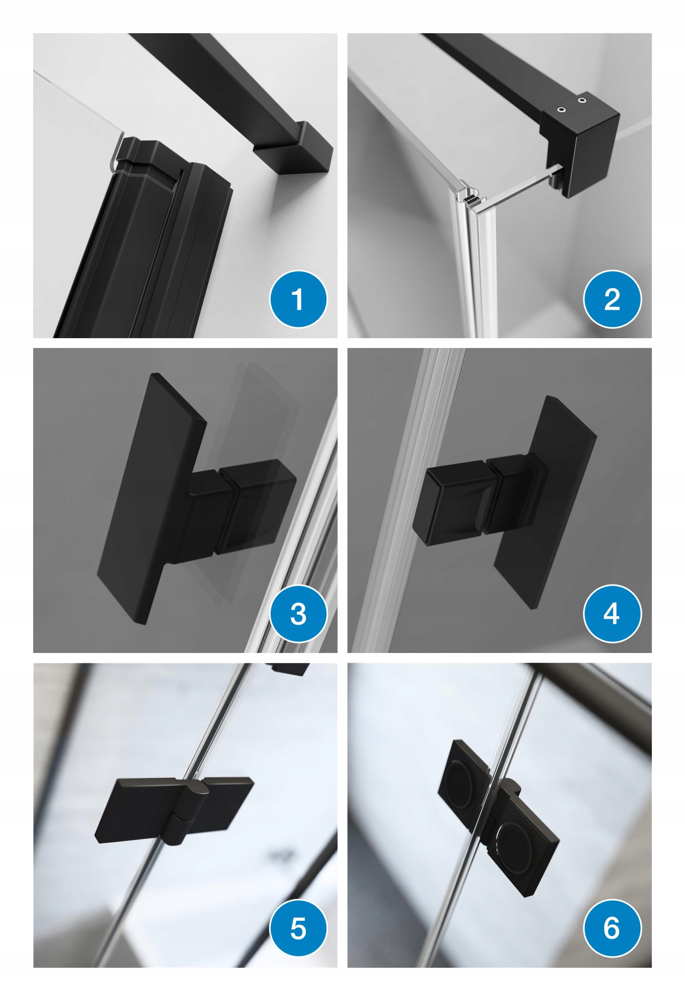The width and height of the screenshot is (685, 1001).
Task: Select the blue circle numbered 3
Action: click(298, 614)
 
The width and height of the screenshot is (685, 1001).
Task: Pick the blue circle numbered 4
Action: click(612, 614)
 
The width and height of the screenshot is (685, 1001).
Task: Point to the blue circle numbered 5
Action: click(298, 928)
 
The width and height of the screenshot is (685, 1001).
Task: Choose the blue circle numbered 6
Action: click(612, 928)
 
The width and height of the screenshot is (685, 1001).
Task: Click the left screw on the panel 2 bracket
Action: click(561, 110)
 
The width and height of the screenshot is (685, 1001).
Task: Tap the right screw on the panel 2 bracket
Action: click(582, 100)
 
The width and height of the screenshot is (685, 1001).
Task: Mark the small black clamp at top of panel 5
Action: click(291, 669)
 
